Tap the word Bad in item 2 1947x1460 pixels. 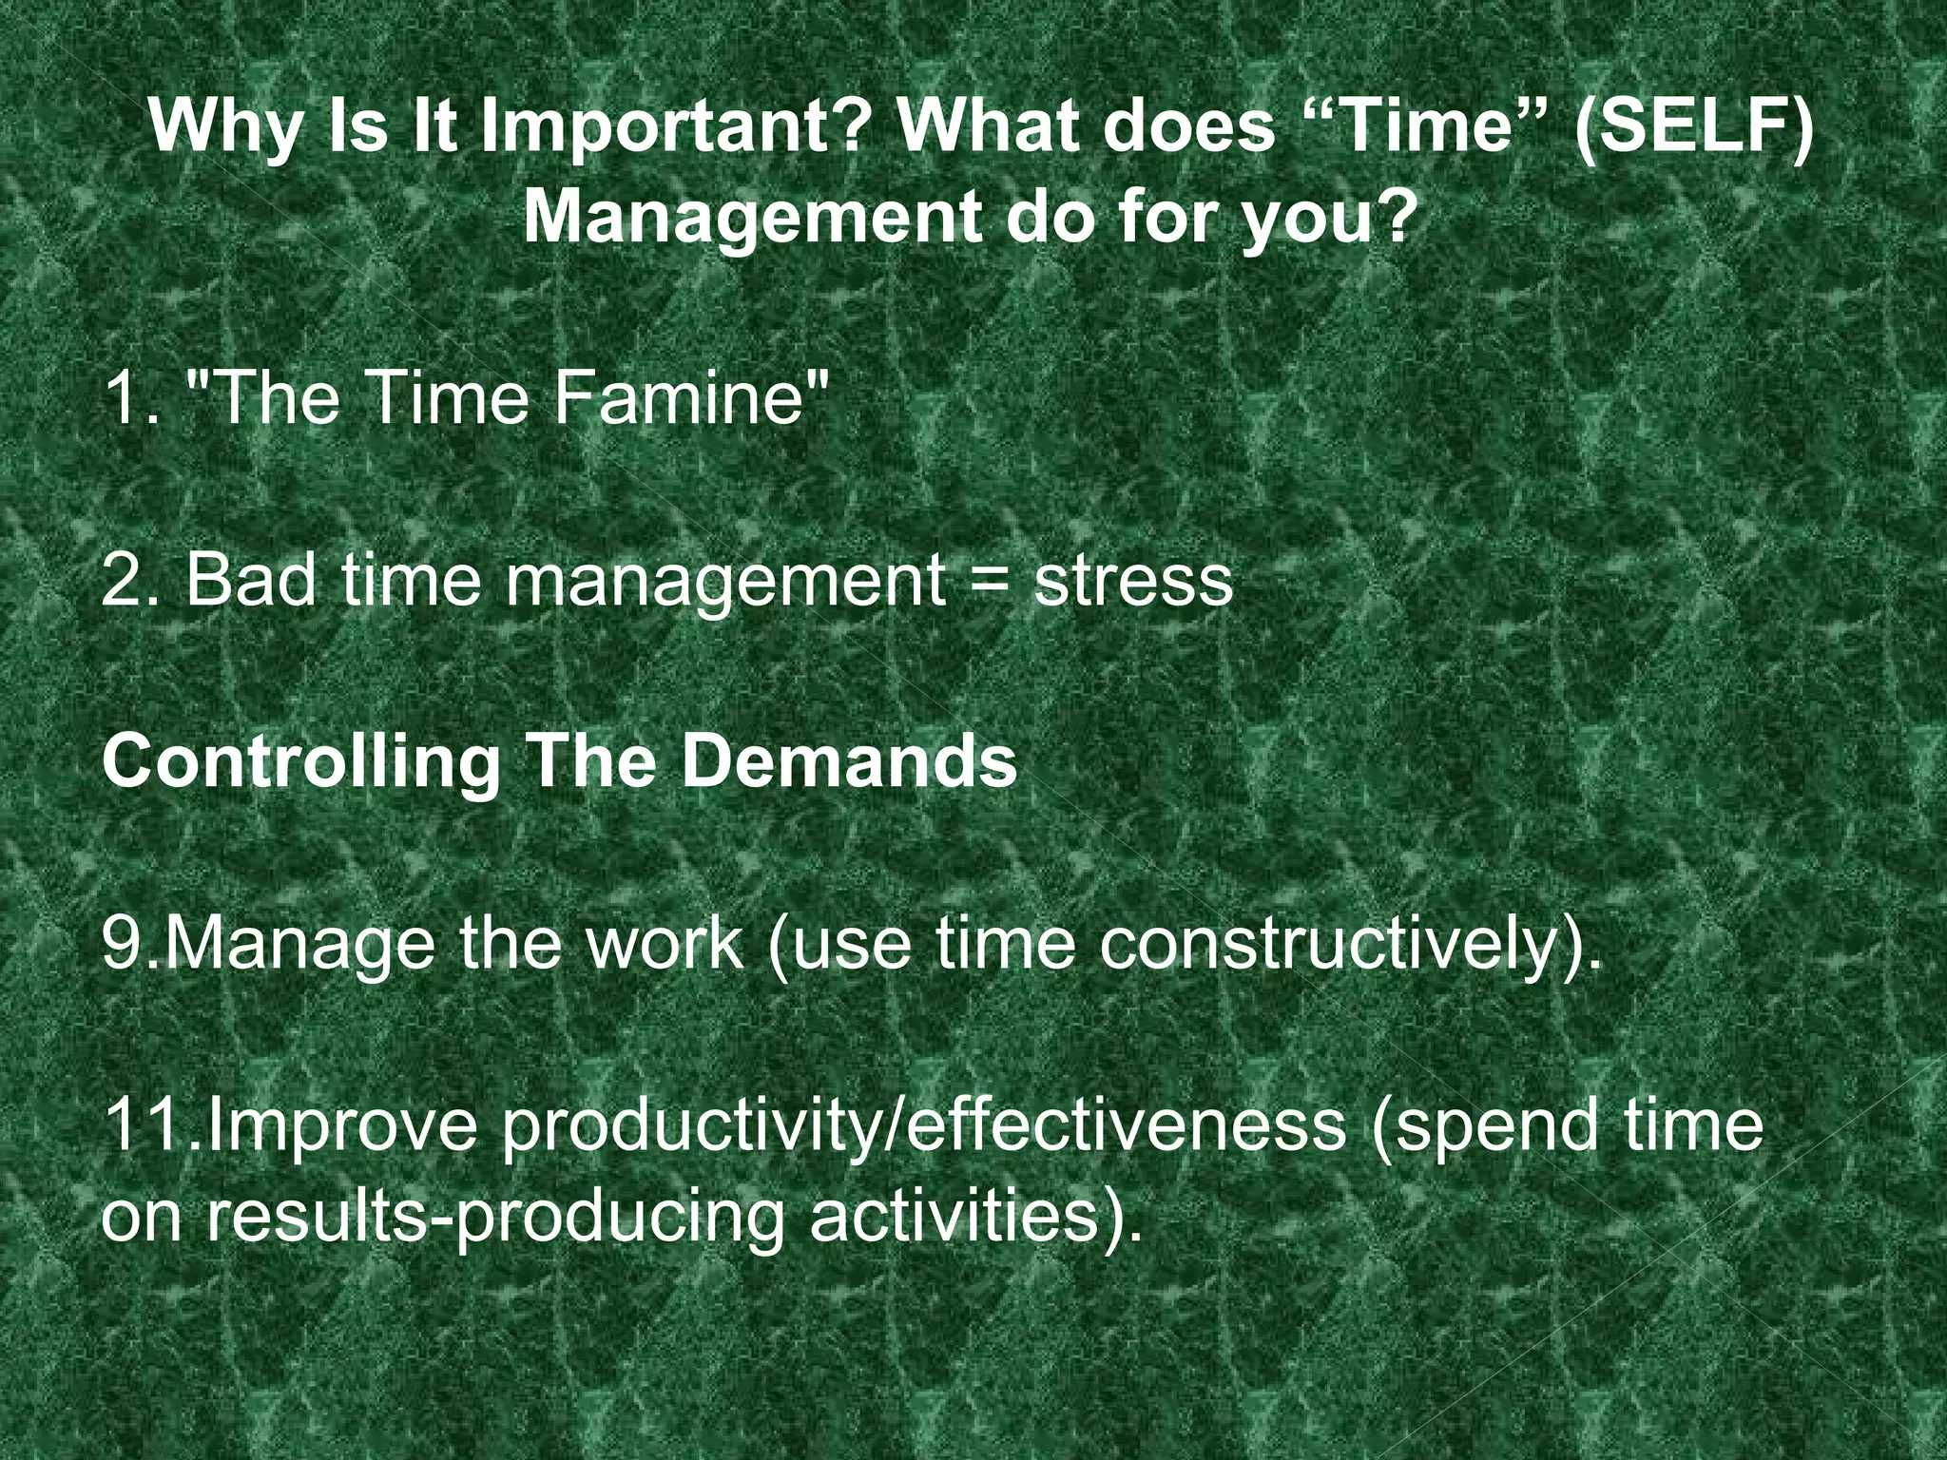point(250,579)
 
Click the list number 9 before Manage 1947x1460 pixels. point(123,944)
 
